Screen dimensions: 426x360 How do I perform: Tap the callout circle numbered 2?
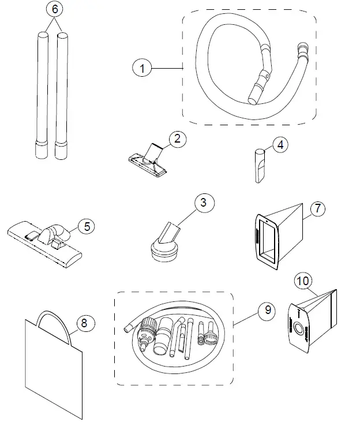pos(177,139)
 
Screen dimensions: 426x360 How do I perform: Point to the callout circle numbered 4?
pos(280,145)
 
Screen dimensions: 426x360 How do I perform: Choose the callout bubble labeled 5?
pos(87,226)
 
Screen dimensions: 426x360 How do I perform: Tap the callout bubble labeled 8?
pos(84,324)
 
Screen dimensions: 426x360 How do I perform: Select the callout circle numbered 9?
pos(267,311)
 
